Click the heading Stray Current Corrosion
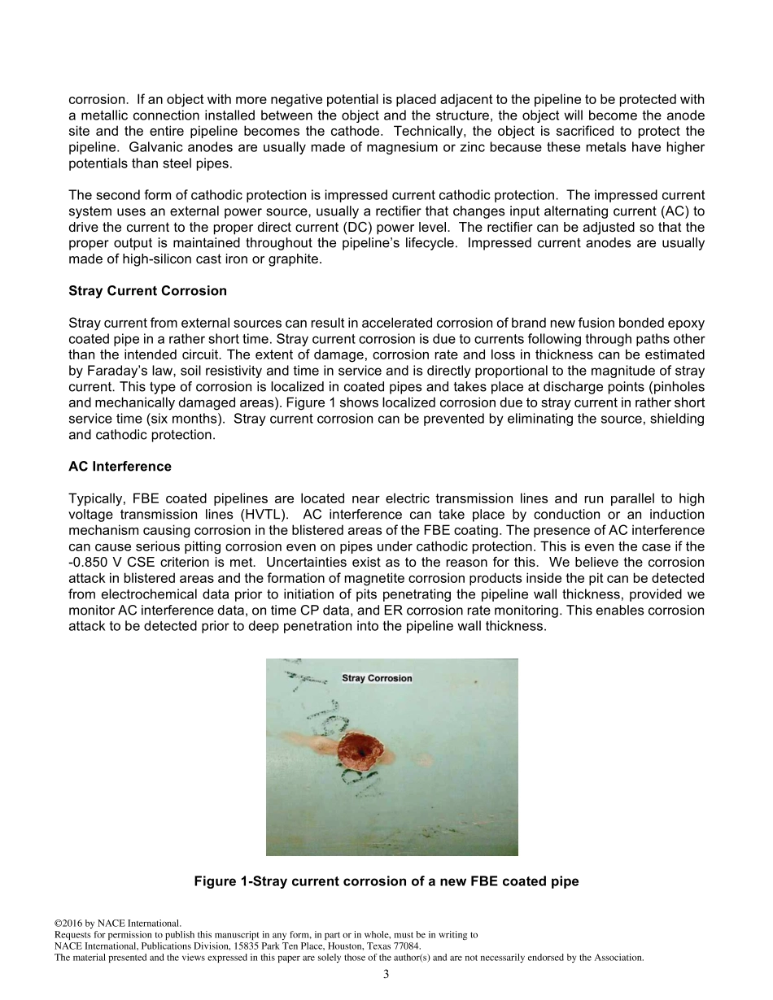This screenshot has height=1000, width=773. click(147, 291)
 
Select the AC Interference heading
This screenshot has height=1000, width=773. click(120, 467)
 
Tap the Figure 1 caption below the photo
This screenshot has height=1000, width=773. click(386, 881)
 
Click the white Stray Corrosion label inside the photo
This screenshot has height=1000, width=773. click(377, 678)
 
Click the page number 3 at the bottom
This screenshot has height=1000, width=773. click(386, 975)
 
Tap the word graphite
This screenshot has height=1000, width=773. click(299, 259)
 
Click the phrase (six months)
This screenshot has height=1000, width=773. click(190, 419)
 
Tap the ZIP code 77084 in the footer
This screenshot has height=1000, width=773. click(405, 946)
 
